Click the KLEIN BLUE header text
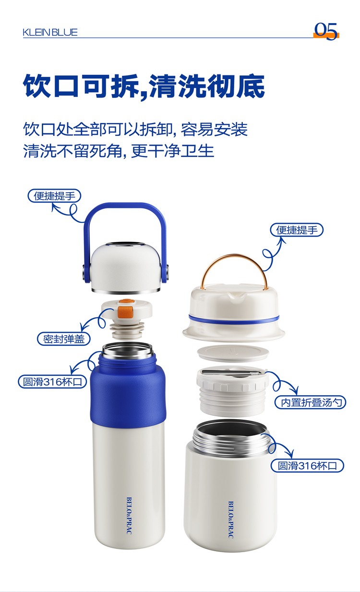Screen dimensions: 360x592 [50, 32]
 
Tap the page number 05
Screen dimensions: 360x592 [326, 31]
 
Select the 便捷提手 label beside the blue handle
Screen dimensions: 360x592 [54, 196]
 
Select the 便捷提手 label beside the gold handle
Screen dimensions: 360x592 [297, 230]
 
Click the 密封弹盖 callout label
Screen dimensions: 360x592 [64, 338]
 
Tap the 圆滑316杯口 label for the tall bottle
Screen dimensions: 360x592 [53, 382]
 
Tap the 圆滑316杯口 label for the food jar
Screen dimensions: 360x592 [307, 465]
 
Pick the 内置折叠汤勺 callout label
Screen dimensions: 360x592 [310, 402]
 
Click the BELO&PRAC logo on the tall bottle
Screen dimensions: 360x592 [129, 515]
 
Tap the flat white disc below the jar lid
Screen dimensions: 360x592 [233, 353]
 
